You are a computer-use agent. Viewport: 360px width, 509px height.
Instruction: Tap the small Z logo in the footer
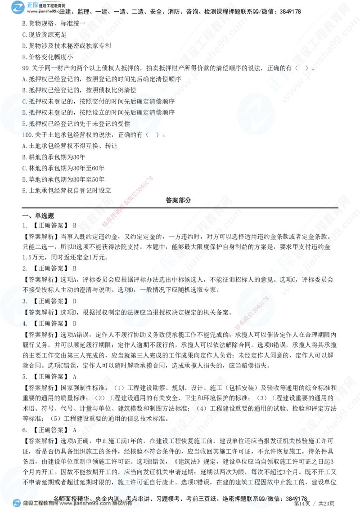(x=17, y=503)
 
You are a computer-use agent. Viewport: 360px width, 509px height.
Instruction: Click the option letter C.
(x=25, y=102)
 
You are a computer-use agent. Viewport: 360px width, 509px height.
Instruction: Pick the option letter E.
(x=25, y=123)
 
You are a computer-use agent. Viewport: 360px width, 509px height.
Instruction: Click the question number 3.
(x=25, y=300)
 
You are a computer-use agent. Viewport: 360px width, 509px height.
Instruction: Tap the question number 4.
(x=25, y=322)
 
